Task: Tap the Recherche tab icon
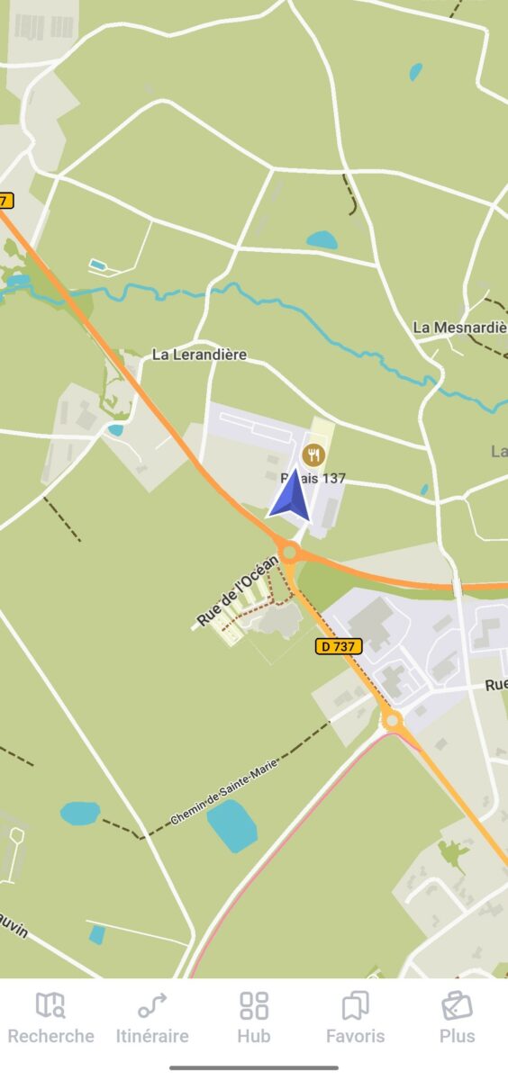50,1005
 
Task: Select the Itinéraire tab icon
151,1005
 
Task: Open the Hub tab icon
254,1005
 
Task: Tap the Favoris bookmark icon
356,1005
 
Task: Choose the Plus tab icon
457,1005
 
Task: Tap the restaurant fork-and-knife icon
313,454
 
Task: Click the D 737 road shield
339,646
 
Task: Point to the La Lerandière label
199,355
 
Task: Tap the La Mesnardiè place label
459,327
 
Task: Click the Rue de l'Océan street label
238,592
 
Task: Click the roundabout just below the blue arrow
289,552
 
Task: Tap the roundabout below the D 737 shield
392,720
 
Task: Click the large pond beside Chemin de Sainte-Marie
231,825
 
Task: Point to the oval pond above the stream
322,240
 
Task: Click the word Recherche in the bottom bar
50,1036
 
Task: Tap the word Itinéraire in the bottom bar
152,1036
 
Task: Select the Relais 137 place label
313,478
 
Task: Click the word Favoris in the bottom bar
356,1036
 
